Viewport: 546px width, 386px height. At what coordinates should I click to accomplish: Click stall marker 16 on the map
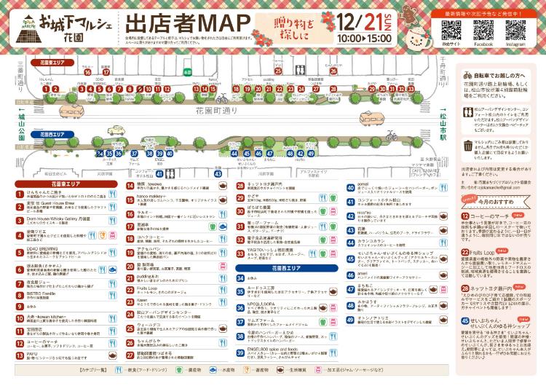(x=87, y=73)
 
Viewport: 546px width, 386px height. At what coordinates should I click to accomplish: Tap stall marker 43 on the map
(x=218, y=173)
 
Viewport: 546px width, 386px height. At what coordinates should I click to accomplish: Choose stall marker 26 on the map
(x=333, y=72)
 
